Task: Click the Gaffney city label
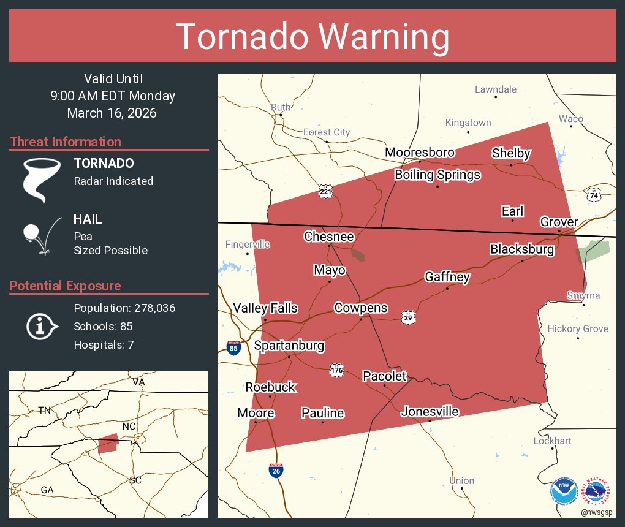pos(447,277)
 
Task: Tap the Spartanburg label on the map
pos(289,346)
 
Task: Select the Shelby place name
pos(511,153)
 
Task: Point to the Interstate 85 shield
pos(233,348)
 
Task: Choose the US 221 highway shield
pos(326,192)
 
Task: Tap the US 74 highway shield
pos(593,194)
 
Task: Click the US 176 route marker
pos(337,370)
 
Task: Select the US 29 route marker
pos(409,317)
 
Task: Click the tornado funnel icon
pos(41,180)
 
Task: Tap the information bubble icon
pos(41,326)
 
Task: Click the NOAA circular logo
pos(564,491)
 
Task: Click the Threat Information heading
pos(66,142)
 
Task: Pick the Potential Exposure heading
pos(65,286)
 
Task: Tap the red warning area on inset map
pos(108,443)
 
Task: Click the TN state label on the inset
pos(44,410)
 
